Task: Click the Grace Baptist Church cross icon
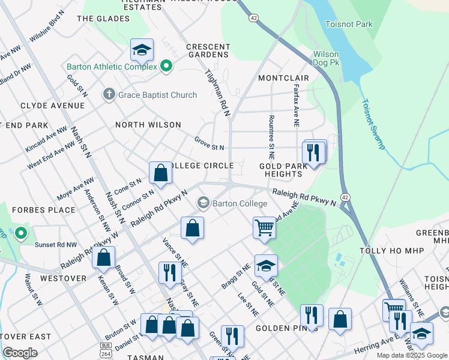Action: click(x=109, y=94)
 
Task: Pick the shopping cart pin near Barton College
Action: click(x=264, y=228)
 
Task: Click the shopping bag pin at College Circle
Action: click(x=161, y=173)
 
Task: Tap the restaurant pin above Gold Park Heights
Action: click(x=313, y=152)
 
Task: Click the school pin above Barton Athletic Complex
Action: click(x=142, y=50)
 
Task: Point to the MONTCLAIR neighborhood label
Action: click(x=283, y=79)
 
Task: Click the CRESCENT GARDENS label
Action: click(x=208, y=50)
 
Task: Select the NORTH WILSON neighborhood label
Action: click(x=148, y=125)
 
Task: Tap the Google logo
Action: click(x=20, y=353)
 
